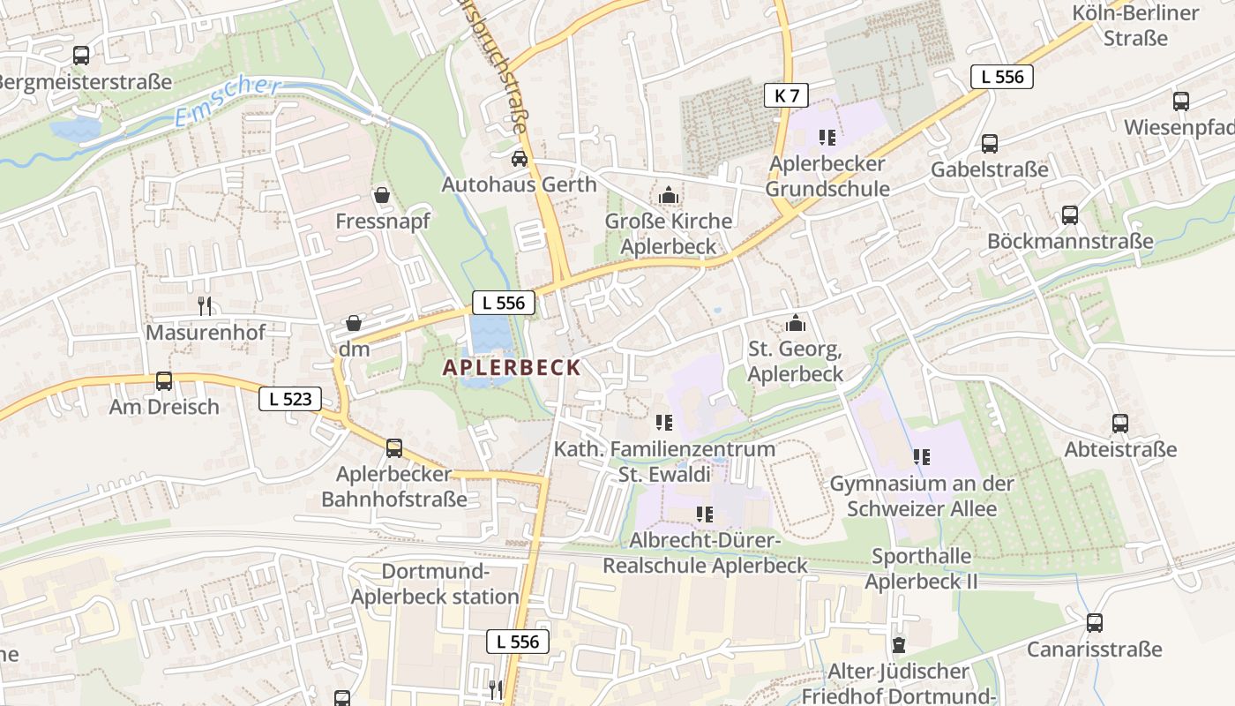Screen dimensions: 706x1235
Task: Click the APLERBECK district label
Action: [x=512, y=367]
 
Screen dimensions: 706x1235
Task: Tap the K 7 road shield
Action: [x=786, y=95]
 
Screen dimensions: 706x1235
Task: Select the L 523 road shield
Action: [x=290, y=399]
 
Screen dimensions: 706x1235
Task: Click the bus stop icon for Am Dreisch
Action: [x=164, y=381]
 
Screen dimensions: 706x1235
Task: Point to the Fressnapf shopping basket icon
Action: [x=382, y=194]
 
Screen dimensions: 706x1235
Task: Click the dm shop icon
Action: [x=354, y=323]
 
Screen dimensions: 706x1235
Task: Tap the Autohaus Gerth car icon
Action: [x=520, y=159]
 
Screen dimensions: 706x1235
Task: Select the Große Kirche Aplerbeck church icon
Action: [x=669, y=194]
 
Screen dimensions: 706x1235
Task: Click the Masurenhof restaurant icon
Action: [x=205, y=306]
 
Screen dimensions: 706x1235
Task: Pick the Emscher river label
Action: [x=227, y=101]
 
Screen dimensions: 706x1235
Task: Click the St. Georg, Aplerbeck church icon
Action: [x=795, y=323]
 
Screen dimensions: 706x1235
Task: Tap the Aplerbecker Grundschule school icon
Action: [x=827, y=137]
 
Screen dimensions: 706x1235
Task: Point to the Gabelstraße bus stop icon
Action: [x=990, y=143]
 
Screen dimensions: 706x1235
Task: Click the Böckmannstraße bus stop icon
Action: [x=1070, y=214]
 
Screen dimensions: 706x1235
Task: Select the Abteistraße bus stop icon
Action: [x=1120, y=423]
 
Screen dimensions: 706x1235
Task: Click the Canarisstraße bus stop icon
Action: [x=1095, y=623]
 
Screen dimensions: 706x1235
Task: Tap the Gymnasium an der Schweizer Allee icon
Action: [x=922, y=457]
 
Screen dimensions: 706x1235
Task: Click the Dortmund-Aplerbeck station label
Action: [x=436, y=584]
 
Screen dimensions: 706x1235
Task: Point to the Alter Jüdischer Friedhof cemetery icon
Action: [x=899, y=645]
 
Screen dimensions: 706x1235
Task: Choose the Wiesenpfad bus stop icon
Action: [x=1181, y=101]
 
